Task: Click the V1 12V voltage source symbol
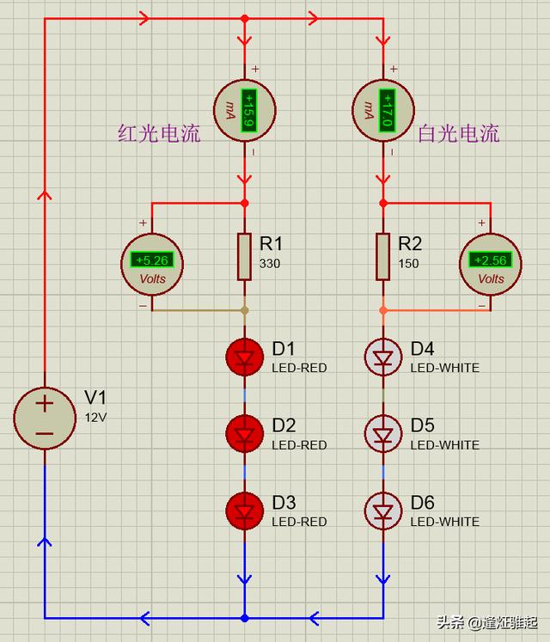[x=45, y=418]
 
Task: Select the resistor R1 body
[x=245, y=255]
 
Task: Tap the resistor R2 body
[x=383, y=255]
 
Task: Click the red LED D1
[x=245, y=357]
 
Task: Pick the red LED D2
[x=245, y=434]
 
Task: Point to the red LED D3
[x=245, y=511]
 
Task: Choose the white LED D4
[x=383, y=357]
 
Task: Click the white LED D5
[x=383, y=434]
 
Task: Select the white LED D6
[x=383, y=511]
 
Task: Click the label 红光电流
[x=159, y=134]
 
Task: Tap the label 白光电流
[x=458, y=134]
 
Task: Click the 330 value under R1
[x=271, y=263]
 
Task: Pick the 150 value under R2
[x=409, y=263]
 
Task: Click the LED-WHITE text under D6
[x=444, y=522]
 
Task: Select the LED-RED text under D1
[x=299, y=368]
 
